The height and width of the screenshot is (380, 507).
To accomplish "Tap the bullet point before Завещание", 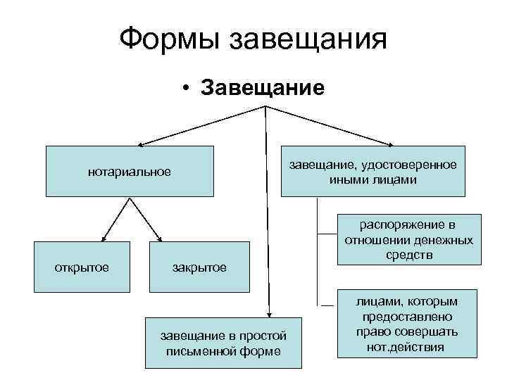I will click(184, 89).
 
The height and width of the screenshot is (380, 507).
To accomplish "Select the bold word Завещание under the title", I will click(262, 88).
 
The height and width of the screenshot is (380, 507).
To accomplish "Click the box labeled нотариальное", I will click(130, 171).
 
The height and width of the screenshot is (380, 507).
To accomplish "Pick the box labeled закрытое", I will click(199, 267).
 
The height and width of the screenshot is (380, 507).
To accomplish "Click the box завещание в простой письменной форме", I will click(223, 343).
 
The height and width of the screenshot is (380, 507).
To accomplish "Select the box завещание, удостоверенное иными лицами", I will click(373, 171).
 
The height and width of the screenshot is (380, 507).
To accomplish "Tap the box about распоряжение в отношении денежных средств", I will click(408, 239).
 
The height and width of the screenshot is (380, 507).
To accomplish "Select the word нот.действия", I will click(406, 347).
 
